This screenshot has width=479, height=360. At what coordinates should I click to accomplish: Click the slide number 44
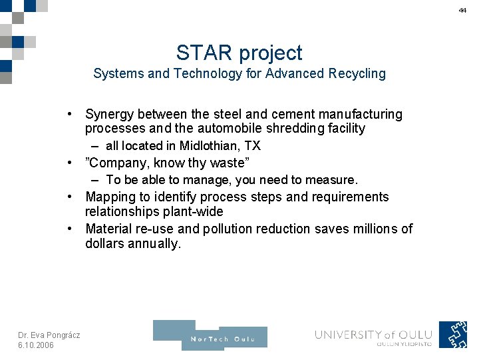(462, 11)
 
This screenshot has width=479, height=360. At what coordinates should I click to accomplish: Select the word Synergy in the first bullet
(109, 115)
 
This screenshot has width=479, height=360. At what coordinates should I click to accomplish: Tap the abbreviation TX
(251, 145)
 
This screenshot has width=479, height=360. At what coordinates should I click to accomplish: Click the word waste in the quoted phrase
(226, 163)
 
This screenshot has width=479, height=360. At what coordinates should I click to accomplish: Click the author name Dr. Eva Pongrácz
(49, 335)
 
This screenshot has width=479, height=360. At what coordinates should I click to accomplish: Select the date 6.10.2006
(36, 345)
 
